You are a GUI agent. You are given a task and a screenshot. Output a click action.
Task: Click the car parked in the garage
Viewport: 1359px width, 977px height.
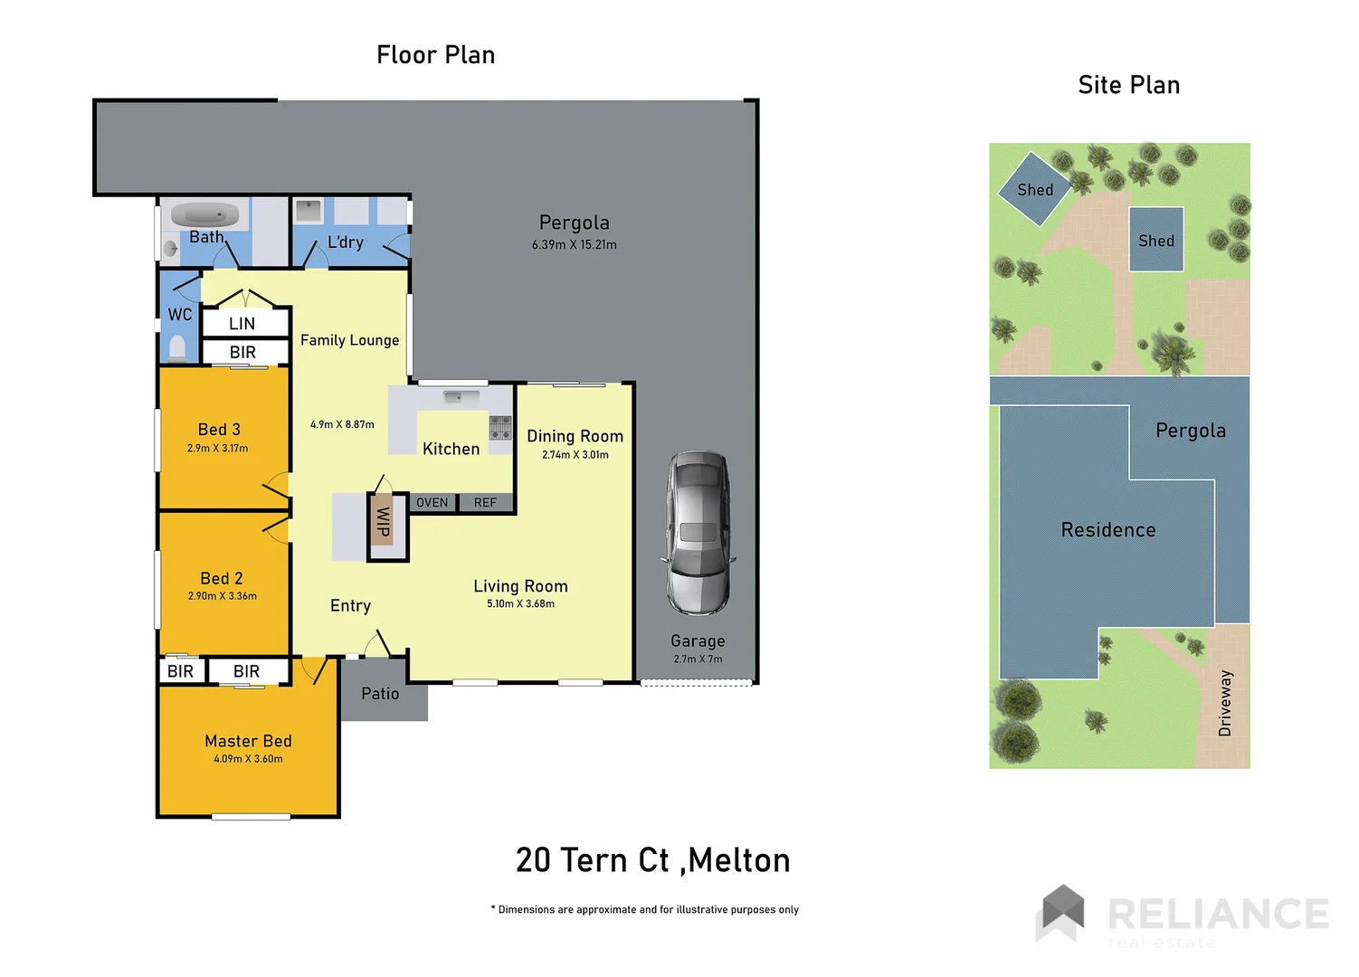click(x=698, y=533)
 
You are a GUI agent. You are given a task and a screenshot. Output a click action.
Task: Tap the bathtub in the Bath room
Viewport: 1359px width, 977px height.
click(x=204, y=215)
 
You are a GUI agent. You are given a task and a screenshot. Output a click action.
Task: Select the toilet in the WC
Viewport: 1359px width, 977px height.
click(x=178, y=348)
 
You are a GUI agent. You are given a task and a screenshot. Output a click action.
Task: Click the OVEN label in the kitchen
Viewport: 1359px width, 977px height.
click(x=432, y=503)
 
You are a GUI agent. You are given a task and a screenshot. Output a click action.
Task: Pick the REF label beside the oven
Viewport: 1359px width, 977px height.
click(x=485, y=503)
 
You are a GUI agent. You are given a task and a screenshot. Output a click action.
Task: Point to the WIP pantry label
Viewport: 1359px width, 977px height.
click(x=383, y=522)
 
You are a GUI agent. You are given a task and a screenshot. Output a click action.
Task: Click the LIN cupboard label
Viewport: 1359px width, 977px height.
click(x=242, y=324)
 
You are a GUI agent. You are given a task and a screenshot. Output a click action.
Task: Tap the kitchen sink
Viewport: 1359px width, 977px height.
click(x=461, y=397)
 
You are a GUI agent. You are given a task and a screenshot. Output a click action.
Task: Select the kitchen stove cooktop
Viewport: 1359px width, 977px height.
click(x=500, y=427)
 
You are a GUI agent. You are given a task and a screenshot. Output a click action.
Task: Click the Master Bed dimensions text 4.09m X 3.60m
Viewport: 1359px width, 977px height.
click(x=248, y=760)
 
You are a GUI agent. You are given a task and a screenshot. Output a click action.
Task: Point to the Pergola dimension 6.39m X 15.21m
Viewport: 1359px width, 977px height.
click(x=574, y=245)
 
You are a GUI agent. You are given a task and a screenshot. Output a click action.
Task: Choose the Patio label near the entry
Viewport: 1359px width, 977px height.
click(x=380, y=694)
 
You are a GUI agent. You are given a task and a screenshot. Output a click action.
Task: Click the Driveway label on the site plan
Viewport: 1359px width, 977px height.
click(x=1225, y=703)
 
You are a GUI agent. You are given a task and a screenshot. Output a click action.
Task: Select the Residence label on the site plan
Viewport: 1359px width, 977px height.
click(x=1107, y=530)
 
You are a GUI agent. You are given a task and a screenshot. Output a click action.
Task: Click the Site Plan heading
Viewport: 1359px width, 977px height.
click(x=1128, y=85)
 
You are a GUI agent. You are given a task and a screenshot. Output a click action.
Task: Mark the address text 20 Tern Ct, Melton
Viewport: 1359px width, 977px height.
click(x=652, y=860)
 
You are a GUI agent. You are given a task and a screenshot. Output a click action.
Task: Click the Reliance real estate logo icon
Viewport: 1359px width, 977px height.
click(x=1062, y=912)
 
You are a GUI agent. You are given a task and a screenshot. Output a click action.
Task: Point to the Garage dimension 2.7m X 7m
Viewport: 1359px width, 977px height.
click(x=698, y=659)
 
